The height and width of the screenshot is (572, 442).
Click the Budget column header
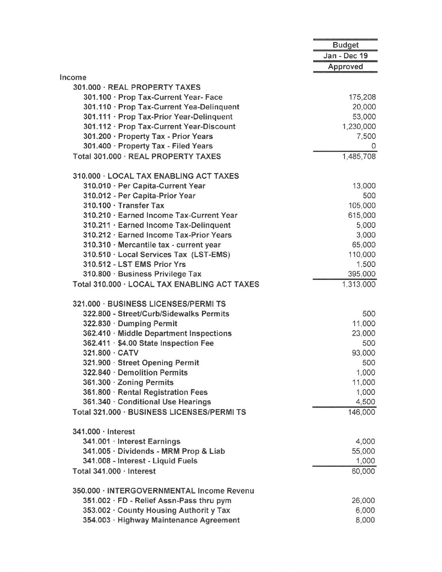[x=345, y=45]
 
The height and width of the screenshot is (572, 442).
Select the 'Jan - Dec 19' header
[x=345, y=56]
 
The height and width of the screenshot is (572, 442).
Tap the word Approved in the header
[x=345, y=67]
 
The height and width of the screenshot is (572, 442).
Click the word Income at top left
[x=73, y=77]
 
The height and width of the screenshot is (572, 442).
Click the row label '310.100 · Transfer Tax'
[x=123, y=206]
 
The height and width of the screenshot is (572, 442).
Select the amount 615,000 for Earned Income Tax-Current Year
[x=362, y=215]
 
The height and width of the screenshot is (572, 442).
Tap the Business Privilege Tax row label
[x=142, y=274]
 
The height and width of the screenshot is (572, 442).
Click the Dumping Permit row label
[x=130, y=324]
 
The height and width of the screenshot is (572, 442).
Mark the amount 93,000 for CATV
[x=364, y=353]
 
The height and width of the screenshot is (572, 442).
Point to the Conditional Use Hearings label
[x=147, y=402]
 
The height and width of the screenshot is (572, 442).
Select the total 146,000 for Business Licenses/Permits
[x=362, y=412]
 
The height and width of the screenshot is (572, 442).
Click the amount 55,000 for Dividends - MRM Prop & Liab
[x=364, y=451]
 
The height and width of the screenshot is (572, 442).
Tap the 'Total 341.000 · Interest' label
[x=114, y=471]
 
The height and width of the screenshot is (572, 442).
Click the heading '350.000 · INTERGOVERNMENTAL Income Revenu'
[x=163, y=491]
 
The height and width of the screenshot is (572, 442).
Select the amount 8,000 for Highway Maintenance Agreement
[x=365, y=520]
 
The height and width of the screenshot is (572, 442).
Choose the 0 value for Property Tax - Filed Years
[x=373, y=146]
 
